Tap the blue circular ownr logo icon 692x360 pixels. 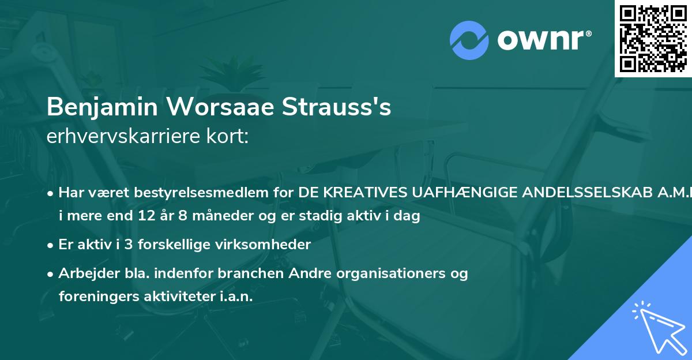470,40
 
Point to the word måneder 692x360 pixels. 215,216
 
